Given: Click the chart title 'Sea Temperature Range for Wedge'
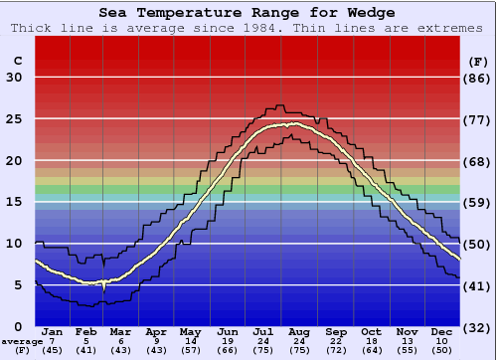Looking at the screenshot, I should tap(247, 12).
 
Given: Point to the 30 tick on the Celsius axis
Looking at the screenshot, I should tap(14, 78).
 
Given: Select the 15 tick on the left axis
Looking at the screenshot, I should tap(14, 202).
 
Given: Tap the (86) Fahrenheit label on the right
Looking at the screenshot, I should tap(478, 78).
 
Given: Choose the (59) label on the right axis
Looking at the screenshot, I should tap(478, 202).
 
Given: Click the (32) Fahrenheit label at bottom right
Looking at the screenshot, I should tap(478, 326).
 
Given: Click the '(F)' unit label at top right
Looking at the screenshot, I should tap(478, 61).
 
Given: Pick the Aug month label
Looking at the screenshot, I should tap(299, 331).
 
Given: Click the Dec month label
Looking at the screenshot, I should tap(442, 331).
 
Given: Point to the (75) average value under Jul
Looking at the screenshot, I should tap(263, 351).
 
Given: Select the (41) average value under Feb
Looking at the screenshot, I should tap(86, 351).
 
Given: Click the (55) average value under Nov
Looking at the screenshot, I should tap(407, 351).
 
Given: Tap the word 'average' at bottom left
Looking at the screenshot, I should tap(22, 341).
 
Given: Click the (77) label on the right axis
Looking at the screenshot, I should tap(478, 119).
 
